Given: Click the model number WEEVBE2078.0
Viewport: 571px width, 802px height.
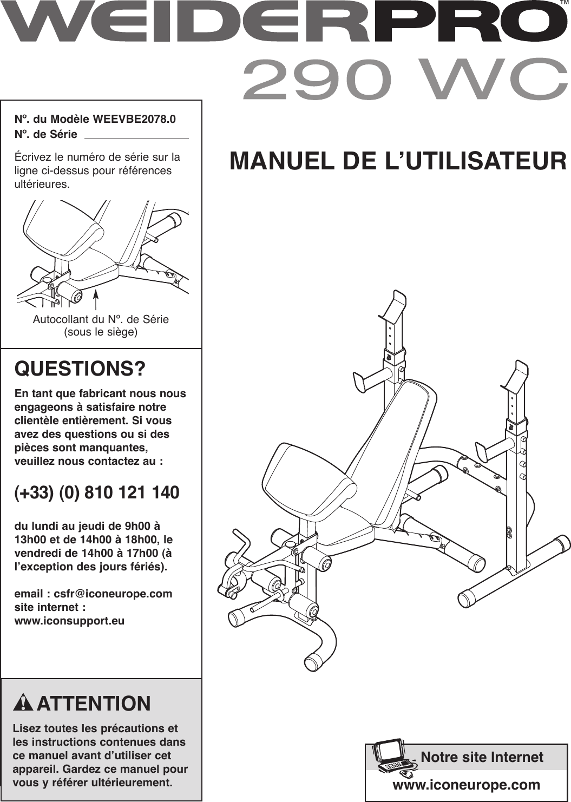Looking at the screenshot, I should pos(134,119).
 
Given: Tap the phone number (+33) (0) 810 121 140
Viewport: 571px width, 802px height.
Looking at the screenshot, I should pos(97,493).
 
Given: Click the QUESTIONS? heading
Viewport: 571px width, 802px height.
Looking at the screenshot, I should pos(80,369).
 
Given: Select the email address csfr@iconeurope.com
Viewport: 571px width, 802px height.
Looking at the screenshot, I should pos(113,594).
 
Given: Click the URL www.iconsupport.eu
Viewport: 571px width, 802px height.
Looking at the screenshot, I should pos(69,621).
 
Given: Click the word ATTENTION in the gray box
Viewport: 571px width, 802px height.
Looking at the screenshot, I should pos(94,704).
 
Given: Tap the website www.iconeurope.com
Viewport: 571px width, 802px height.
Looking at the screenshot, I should pos(466,785).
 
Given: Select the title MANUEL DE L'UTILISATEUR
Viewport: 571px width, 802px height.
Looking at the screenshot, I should pos(398,161).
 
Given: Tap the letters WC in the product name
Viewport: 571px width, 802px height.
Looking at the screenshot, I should pos(494,80).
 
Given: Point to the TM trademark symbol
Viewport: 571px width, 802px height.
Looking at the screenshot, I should pos(563,4).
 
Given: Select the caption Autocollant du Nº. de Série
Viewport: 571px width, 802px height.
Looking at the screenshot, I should pos(101,319).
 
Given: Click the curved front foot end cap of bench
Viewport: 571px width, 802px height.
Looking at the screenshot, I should pos(313,662).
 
